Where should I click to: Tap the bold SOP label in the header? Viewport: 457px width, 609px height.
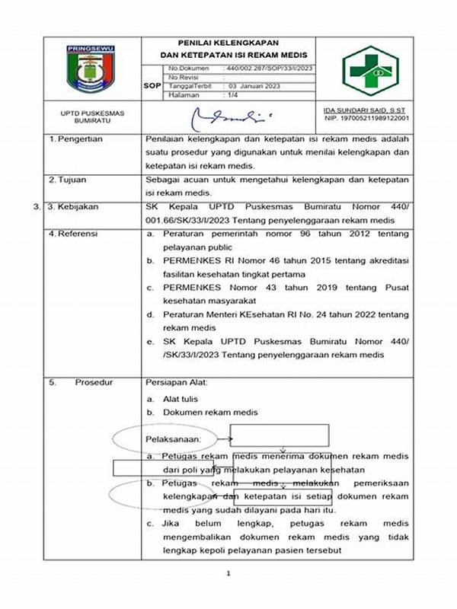pyautogui.click(x=152, y=86)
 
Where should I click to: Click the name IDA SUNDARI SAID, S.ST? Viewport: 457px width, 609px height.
pyautogui.click(x=366, y=110)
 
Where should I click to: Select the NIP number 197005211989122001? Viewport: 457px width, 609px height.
pyautogui.click(x=366, y=119)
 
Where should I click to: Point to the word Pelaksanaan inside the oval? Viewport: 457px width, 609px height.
pyautogui.click(x=173, y=439)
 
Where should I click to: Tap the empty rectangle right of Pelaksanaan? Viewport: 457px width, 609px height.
pyautogui.click(x=280, y=435)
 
